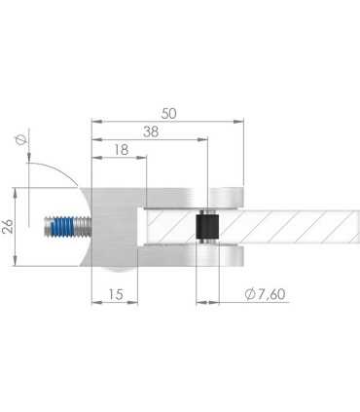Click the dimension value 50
click(x=168, y=113)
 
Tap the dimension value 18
click(x=120, y=150)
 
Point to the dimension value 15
click(x=115, y=293)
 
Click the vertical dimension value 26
click(x=8, y=227)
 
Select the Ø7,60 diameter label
click(x=264, y=293)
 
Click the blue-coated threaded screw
click(x=63, y=229)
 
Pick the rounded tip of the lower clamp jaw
click(x=234, y=259)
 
